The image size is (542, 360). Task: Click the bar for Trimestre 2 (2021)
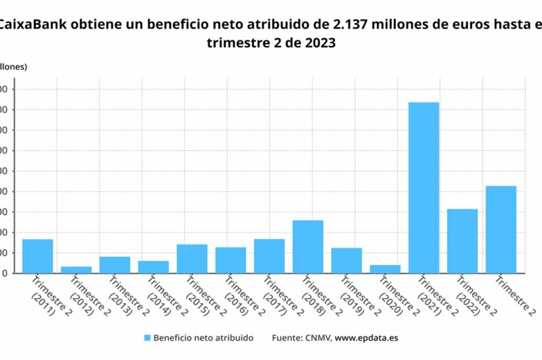tap(424, 188)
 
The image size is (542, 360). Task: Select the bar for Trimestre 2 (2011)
tap(38, 256)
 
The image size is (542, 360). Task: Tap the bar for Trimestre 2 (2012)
tap(76, 270)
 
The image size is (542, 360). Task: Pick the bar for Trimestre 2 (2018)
tap(308, 246)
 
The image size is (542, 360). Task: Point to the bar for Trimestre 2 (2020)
tap(385, 269)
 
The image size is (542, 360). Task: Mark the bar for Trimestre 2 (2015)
tap(192, 259)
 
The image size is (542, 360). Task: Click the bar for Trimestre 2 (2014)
tap(153, 267)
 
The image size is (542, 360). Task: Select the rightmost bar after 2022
tap(501, 229)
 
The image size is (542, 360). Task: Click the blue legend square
tap(147, 338)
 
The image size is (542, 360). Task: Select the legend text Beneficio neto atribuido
tap(203, 338)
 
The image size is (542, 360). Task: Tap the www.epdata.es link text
tap(366, 338)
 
